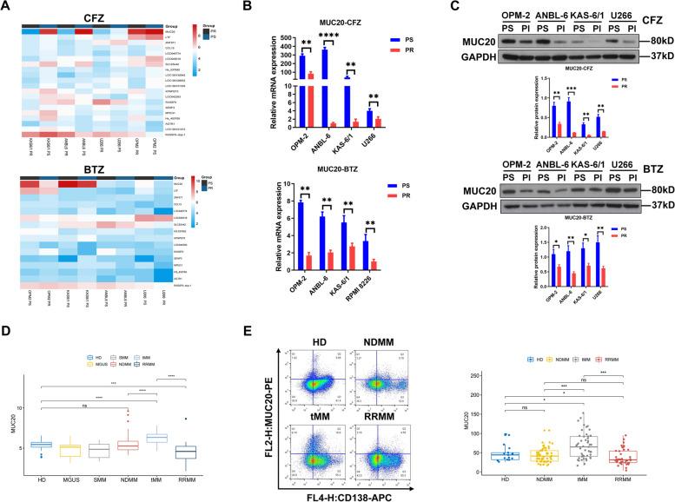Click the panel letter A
[x=8, y=9]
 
